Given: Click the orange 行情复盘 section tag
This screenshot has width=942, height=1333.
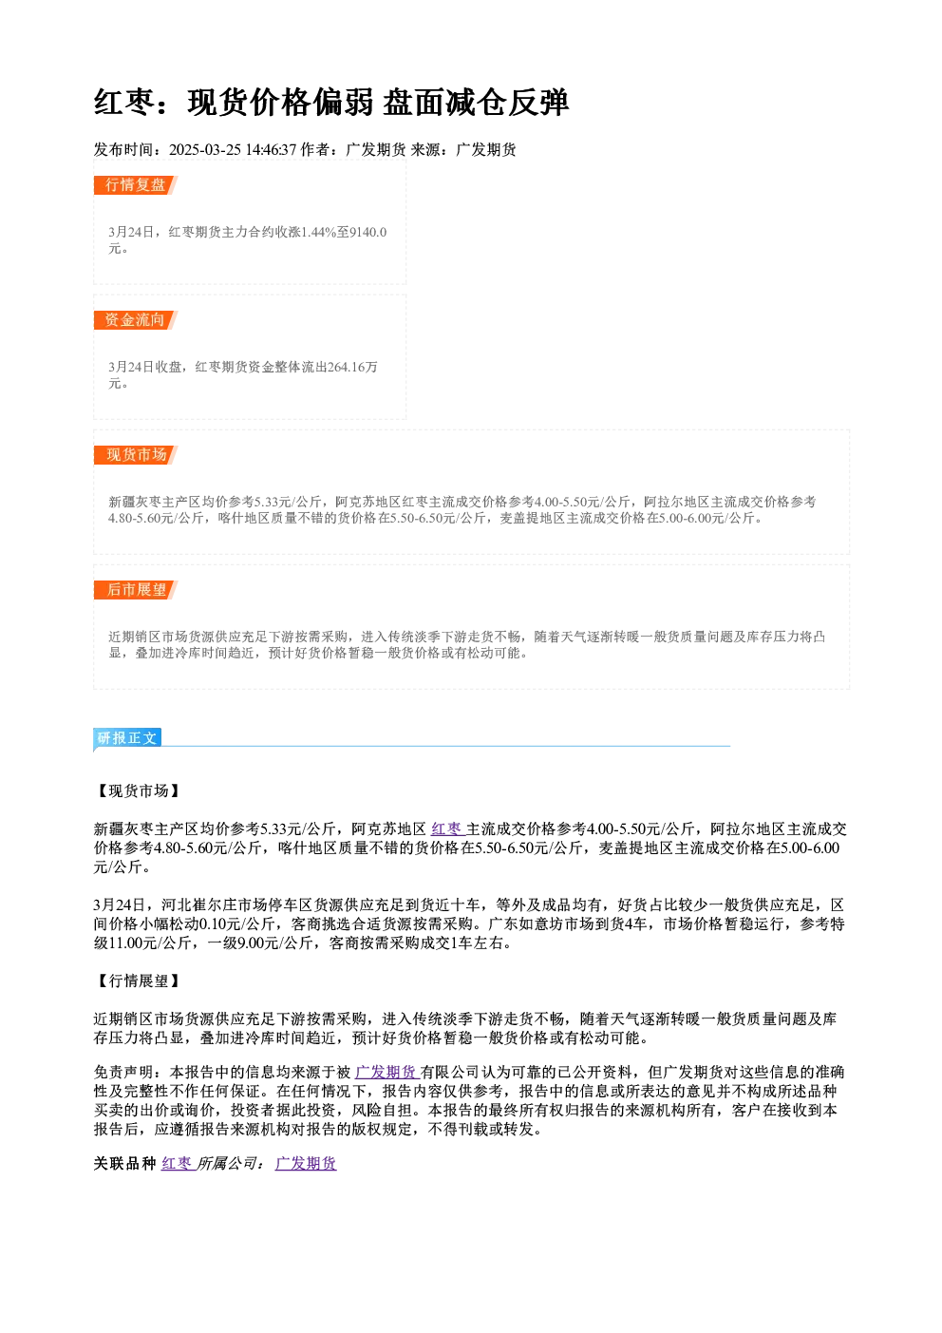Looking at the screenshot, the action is [x=135, y=185].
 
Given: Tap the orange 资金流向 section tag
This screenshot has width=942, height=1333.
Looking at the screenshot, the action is [x=135, y=320].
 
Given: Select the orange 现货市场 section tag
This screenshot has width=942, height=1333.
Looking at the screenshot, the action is [x=135, y=455].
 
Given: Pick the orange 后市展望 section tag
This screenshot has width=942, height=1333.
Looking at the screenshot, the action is [x=135, y=590].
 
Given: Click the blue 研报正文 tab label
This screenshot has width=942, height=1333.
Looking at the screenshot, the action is [x=127, y=738].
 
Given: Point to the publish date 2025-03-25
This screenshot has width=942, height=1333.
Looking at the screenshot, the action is [x=204, y=149].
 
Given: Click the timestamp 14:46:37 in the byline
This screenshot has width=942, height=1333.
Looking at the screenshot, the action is [x=271, y=149].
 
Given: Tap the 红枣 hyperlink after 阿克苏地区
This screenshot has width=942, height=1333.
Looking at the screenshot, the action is [x=446, y=828].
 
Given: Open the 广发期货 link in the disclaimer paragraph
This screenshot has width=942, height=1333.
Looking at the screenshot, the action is [x=386, y=1072].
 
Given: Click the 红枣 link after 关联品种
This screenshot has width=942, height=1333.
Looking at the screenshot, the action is [x=177, y=1163].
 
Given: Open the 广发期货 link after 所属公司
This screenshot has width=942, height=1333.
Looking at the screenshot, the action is [x=306, y=1163].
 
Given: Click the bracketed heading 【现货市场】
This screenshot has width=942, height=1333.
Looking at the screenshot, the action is [x=138, y=790].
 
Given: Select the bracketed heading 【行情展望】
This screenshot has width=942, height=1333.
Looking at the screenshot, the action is [x=138, y=981].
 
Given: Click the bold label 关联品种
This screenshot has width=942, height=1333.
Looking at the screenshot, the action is [x=125, y=1163].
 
